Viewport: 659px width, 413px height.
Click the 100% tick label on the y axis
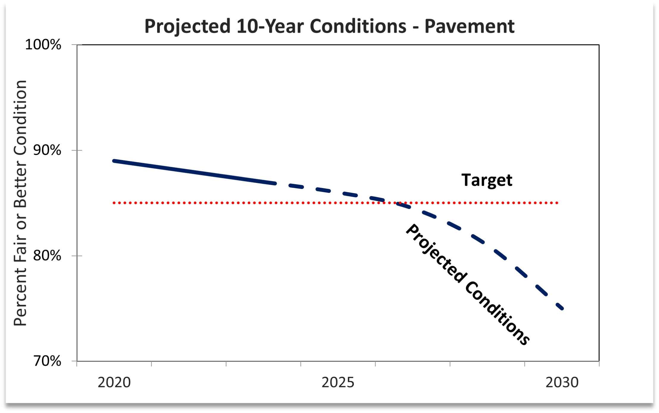pyautogui.click(x=43, y=45)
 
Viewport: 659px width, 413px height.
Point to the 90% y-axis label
pyautogui.click(x=47, y=150)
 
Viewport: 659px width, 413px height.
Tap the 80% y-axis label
pyautogui.click(x=47, y=256)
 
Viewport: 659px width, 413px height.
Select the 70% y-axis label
pyautogui.click(x=47, y=361)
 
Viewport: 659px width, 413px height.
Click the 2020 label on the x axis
pyautogui.click(x=114, y=382)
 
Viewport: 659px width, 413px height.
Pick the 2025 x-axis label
pyautogui.click(x=338, y=382)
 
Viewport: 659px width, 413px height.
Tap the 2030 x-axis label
pyautogui.click(x=562, y=382)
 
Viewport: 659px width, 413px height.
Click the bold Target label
pyautogui.click(x=487, y=180)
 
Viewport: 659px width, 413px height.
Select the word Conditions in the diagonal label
pyautogui.click(x=497, y=314)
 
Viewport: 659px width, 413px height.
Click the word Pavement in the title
pyautogui.click(x=469, y=26)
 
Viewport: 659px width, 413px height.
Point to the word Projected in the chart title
pyautogui.click(x=187, y=26)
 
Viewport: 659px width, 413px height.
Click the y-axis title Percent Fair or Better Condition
pyautogui.click(x=20, y=203)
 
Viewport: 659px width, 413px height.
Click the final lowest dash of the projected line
pyautogui.click(x=559, y=307)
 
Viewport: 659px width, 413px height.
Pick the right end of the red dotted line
pyautogui.click(x=557, y=203)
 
